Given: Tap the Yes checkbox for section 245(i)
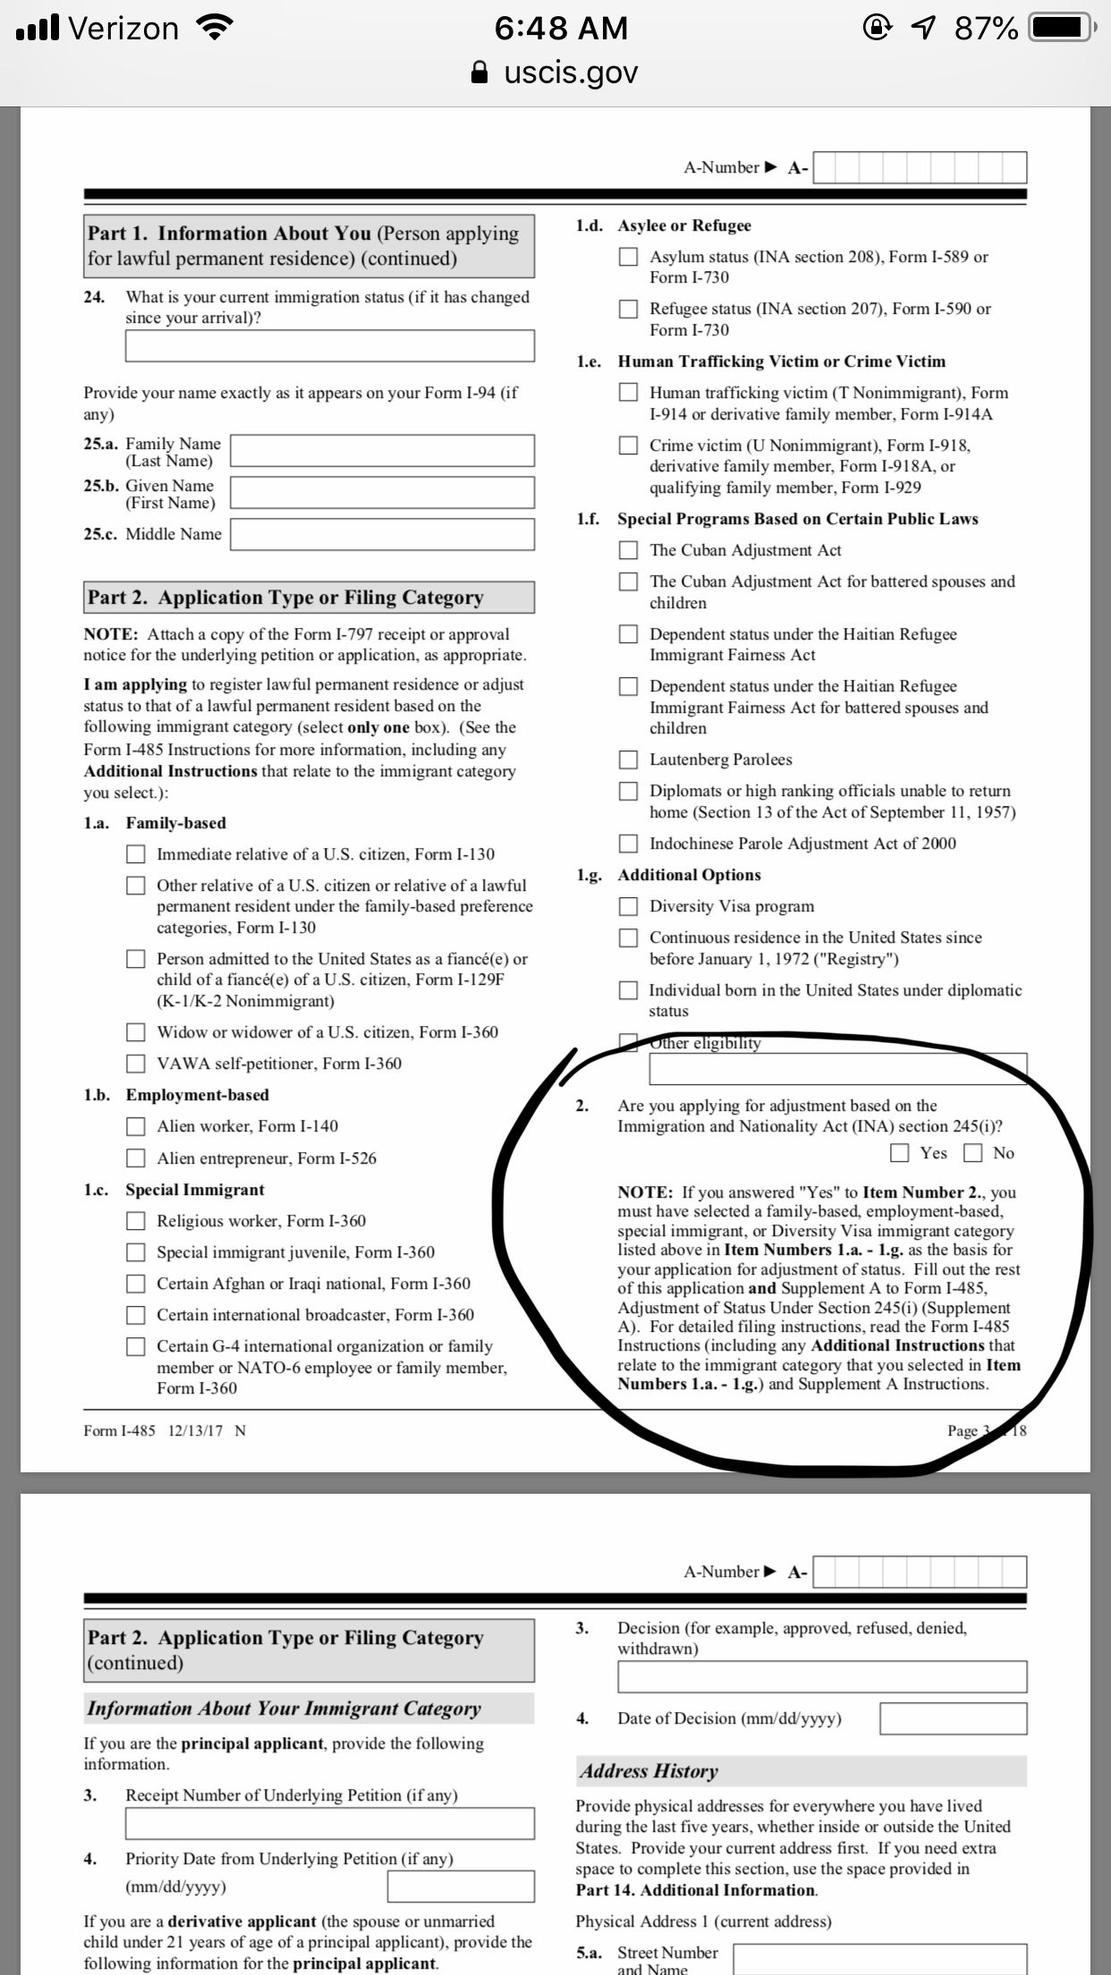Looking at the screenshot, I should click(900, 1153).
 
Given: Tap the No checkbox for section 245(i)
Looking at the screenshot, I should click(972, 1153).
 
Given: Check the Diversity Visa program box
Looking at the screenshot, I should click(630, 906).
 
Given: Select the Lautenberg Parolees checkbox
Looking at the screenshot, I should click(630, 759).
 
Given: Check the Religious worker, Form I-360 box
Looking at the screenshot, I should click(136, 1221).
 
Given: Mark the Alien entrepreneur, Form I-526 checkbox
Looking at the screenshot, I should click(136, 1158).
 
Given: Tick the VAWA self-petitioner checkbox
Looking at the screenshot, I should click(136, 1064).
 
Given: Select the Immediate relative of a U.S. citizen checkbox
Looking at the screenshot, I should click(136, 854).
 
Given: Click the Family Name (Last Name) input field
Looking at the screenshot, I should click(383, 451).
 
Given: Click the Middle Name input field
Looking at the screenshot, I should click(383, 534).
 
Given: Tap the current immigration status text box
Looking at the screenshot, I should click(330, 346).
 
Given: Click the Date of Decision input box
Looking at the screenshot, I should click(953, 1718).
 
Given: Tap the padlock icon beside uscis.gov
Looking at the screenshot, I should click(480, 72).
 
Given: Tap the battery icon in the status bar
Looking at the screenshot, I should click(1058, 29).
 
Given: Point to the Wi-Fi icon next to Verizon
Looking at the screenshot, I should click(213, 29).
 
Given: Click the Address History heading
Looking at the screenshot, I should click(649, 1771).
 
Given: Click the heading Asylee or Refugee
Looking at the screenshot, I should click(684, 225).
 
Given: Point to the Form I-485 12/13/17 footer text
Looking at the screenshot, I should click(165, 1430).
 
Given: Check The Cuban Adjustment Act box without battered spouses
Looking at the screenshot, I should click(630, 550).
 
